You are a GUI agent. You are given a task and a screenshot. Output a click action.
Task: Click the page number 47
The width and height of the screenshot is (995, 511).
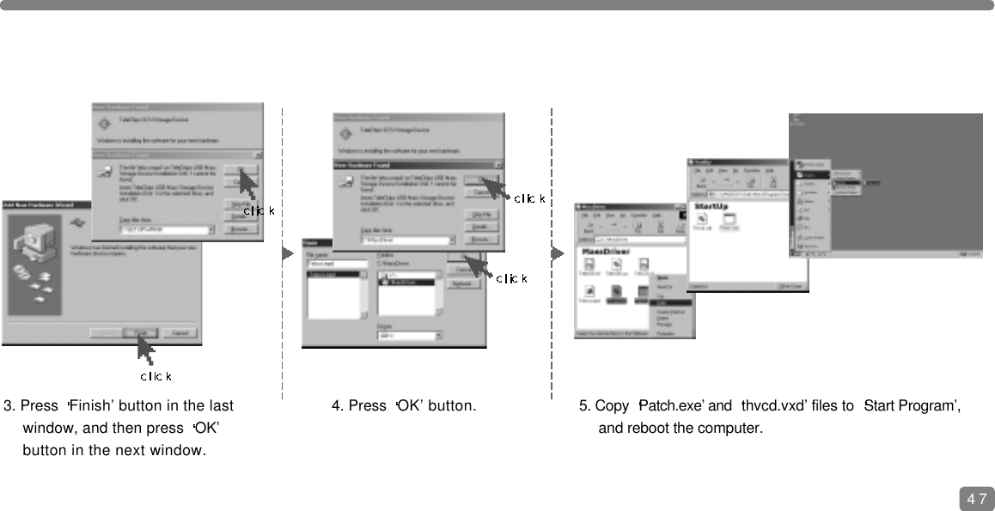(976, 498)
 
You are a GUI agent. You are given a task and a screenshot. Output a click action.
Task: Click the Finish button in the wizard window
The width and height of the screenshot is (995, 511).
(138, 333)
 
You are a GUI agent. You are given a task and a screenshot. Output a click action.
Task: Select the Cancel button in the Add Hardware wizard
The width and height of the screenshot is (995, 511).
(179, 333)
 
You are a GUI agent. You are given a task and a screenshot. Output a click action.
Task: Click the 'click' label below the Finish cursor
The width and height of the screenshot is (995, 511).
(156, 376)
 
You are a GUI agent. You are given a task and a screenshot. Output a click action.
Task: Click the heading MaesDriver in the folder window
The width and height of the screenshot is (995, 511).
(607, 252)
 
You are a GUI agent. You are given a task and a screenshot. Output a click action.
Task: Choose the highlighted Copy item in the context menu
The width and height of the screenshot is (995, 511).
(673, 302)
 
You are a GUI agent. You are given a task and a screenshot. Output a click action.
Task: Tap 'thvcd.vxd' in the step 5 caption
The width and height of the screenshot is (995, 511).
(770, 405)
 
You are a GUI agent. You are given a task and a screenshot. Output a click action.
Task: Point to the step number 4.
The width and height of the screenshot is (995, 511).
(336, 405)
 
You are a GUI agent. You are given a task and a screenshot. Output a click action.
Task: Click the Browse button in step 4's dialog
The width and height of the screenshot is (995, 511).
(482, 239)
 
